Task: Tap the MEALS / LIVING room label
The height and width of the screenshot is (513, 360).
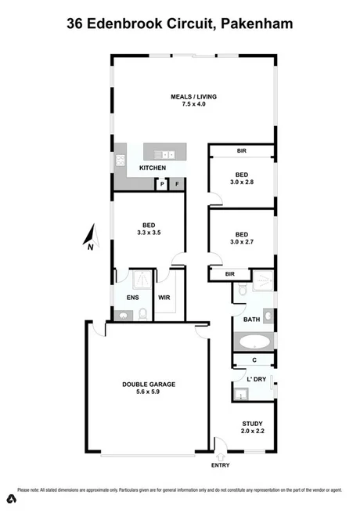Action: (193, 101)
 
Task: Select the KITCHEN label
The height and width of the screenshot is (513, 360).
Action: (153, 168)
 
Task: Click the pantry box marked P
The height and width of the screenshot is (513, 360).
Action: (162, 185)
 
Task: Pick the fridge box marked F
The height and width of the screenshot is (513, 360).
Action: (177, 185)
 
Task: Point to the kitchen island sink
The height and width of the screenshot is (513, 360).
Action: (164, 154)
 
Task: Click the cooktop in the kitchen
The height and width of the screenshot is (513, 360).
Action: (121, 161)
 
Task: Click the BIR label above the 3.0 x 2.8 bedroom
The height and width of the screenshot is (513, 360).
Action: (242, 151)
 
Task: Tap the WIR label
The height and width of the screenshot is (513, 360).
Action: (164, 298)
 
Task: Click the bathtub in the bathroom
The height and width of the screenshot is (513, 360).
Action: (253, 341)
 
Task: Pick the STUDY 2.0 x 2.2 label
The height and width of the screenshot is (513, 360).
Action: (252, 427)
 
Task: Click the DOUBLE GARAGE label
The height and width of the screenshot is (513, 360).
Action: (148, 388)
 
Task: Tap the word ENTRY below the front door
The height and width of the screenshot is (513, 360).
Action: (221, 466)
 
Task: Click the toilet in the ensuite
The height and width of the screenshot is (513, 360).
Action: (142, 315)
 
